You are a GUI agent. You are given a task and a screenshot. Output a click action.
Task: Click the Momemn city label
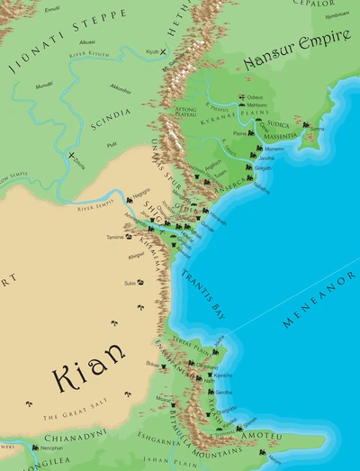[x=274, y=149]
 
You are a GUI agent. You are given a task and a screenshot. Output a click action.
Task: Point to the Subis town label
[x=130, y=284]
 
